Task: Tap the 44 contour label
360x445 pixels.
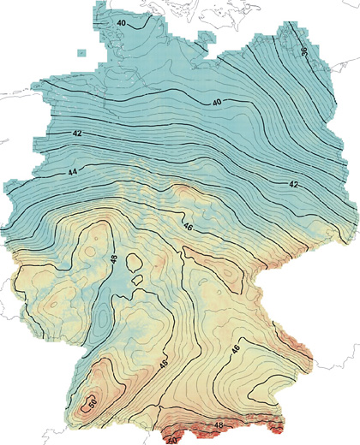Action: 73,173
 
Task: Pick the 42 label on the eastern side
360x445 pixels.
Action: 293,184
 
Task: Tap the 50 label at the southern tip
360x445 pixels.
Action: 171,440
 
